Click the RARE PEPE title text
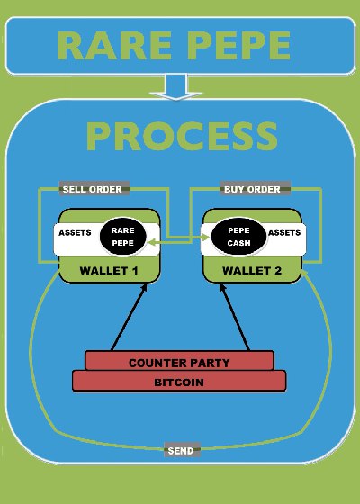(x=174, y=45)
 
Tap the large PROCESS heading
(x=182, y=137)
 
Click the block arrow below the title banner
(x=175, y=86)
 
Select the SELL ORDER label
(x=94, y=189)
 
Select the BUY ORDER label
(x=256, y=189)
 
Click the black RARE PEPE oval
(x=123, y=237)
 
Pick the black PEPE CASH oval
(x=238, y=237)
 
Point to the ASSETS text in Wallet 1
(x=75, y=233)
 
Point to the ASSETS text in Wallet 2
(x=284, y=233)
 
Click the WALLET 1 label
(x=109, y=271)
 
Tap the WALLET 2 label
(x=252, y=271)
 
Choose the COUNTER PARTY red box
(x=180, y=361)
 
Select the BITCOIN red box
(x=179, y=382)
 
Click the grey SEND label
(x=182, y=450)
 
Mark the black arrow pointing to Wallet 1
(x=129, y=317)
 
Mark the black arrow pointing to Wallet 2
(x=235, y=317)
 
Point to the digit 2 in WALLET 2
(x=278, y=271)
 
